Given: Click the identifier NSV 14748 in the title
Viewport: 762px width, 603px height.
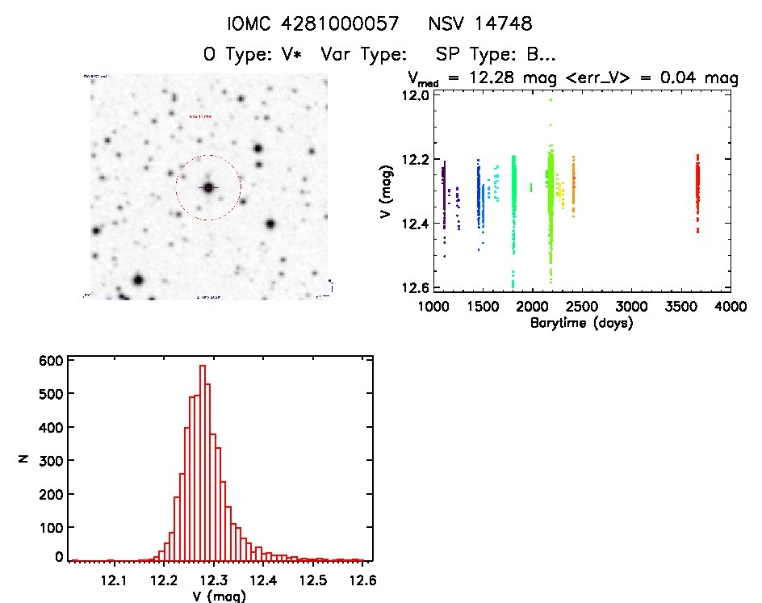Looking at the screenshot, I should pyautogui.click(x=481, y=24).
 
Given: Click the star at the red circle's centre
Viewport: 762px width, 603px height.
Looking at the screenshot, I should pyautogui.click(x=208, y=187).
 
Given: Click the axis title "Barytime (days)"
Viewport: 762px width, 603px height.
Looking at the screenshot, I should pyautogui.click(x=581, y=323).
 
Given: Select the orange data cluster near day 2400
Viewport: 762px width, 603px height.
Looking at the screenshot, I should pyautogui.click(x=574, y=186).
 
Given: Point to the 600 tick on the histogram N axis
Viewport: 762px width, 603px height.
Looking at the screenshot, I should pyautogui.click(x=50, y=361).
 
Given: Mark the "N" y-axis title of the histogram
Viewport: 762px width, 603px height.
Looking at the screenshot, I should pyautogui.click(x=24, y=459).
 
